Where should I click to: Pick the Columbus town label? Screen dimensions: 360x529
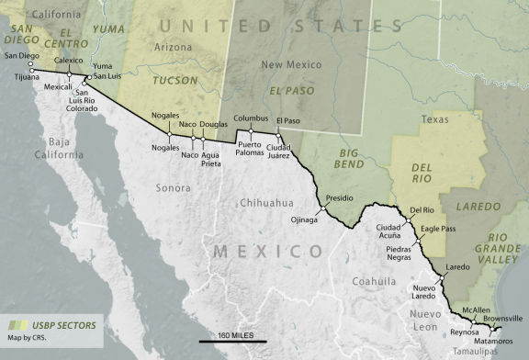[250, 118]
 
